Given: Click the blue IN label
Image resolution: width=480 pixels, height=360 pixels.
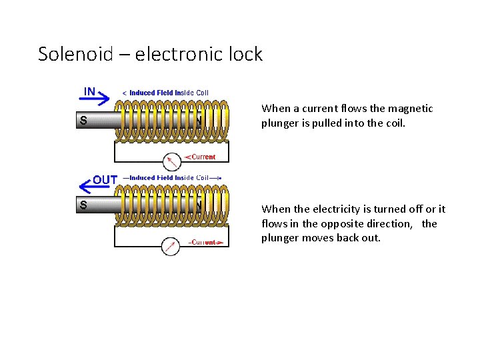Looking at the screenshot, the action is coord(89,90).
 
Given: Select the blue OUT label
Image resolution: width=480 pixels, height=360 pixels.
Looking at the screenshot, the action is coord(105,180).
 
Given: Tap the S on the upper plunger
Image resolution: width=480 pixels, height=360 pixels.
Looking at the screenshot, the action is coord(83,121).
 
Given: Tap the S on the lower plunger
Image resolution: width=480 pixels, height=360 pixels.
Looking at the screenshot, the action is coord(83,205).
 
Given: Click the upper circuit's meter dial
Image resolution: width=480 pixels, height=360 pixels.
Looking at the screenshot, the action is coord(172,161).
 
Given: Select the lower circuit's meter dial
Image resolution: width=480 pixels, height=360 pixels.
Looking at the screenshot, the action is coord(171,246).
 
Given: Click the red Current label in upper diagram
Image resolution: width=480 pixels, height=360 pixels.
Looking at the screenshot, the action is coord(203,157).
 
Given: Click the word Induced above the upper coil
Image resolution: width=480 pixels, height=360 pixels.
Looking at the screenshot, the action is coord(142,93).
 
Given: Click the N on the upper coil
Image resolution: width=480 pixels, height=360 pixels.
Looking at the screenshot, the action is coord(198,121).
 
